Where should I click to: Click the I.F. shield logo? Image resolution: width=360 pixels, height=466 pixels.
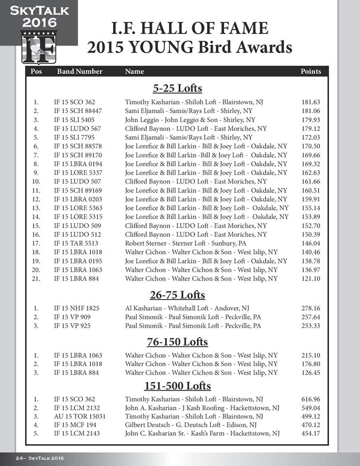[x=39, y=47]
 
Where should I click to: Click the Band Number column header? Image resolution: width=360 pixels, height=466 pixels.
[x=80, y=71]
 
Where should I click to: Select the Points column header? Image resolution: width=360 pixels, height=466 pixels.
[x=311, y=71]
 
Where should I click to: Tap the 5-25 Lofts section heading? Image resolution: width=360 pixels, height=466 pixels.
[x=177, y=89]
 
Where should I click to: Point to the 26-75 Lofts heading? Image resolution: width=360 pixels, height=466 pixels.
[x=177, y=295]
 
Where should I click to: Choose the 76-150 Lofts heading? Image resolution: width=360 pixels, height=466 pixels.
[x=177, y=342]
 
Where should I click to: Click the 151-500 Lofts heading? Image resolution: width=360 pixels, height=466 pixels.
[x=177, y=386]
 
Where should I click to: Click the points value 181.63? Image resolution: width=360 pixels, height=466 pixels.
[x=311, y=102]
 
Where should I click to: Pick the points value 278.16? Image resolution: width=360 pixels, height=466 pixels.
[x=311, y=308]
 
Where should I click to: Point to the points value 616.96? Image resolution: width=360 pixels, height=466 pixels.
[x=311, y=399]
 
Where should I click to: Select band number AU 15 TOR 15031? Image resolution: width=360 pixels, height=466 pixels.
[x=80, y=416]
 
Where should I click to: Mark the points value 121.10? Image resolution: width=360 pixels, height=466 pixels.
[x=311, y=279]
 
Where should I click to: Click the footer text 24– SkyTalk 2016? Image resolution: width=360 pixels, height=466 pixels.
[x=39, y=458]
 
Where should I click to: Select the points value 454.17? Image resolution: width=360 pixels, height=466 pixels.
[x=311, y=433]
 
